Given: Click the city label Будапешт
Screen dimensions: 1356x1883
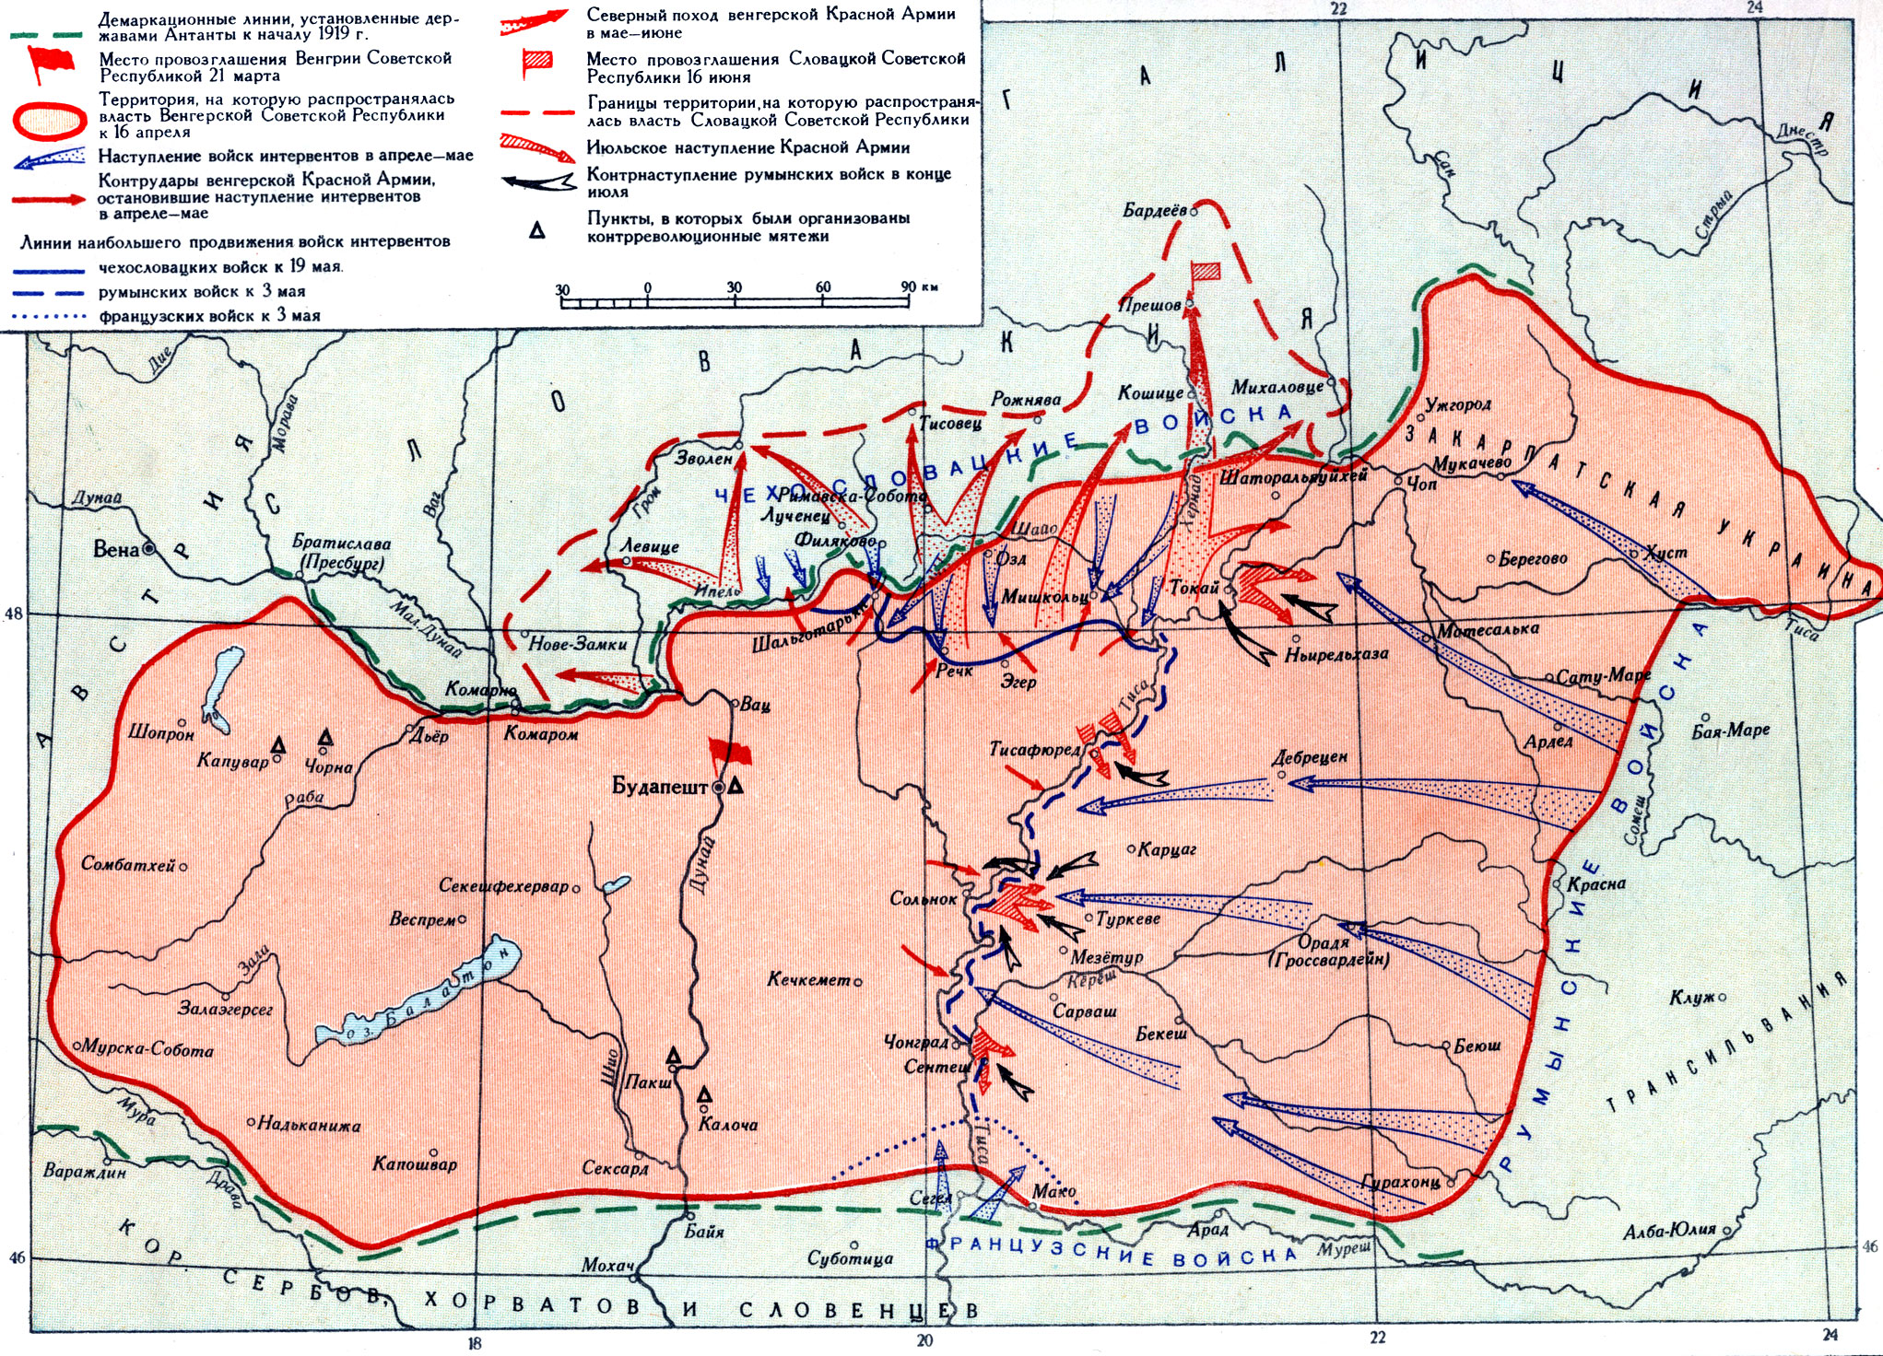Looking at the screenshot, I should coord(659,787).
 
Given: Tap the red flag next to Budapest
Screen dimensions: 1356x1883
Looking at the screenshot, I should coord(729,754).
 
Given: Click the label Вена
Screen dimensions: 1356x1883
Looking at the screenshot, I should coord(116,550).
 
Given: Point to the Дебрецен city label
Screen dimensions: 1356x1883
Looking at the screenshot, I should coord(1309,757).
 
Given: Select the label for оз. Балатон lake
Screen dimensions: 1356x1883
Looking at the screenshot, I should coord(424,995).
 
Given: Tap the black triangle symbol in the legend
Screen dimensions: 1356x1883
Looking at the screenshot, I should coord(536,229).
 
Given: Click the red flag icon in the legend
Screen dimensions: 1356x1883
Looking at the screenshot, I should coord(52,63).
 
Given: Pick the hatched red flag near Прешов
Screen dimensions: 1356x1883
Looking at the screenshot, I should coord(1206,271).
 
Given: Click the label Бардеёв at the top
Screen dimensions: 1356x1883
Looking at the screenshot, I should coord(1154,211).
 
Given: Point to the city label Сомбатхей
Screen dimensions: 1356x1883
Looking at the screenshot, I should coord(128,865).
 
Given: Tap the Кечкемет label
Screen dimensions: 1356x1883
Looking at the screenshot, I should coord(808,979).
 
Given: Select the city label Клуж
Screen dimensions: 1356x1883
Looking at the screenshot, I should coord(1691,998).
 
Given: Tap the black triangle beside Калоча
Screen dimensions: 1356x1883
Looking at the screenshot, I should coord(704,1094).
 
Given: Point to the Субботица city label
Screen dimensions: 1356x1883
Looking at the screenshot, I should coord(850,1258).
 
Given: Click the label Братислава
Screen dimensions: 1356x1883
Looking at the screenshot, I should coord(341,544).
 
